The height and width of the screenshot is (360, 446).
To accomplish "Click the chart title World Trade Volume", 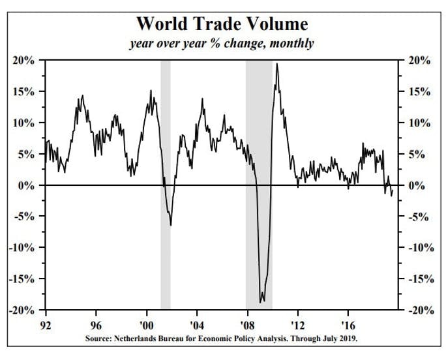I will tap(222, 24).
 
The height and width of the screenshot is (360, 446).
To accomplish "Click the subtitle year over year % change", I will tap(222, 44).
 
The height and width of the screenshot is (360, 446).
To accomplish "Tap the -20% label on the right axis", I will tap(418, 310).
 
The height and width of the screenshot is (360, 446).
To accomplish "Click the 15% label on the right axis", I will tap(418, 92).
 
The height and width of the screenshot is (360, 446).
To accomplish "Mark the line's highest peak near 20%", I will tap(277, 64).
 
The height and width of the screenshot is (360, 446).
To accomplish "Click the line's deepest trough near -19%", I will tap(261, 302).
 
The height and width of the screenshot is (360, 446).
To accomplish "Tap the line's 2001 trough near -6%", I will tap(171, 225).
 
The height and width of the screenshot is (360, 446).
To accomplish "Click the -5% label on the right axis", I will tap(418, 217).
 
